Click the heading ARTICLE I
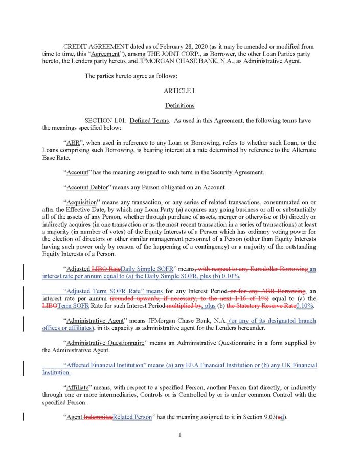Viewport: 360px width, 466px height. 179,91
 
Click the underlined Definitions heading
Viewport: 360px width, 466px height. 179,105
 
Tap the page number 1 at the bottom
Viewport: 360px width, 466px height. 180,435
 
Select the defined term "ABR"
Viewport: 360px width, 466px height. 74,143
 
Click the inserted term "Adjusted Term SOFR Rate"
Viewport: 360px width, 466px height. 107,291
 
